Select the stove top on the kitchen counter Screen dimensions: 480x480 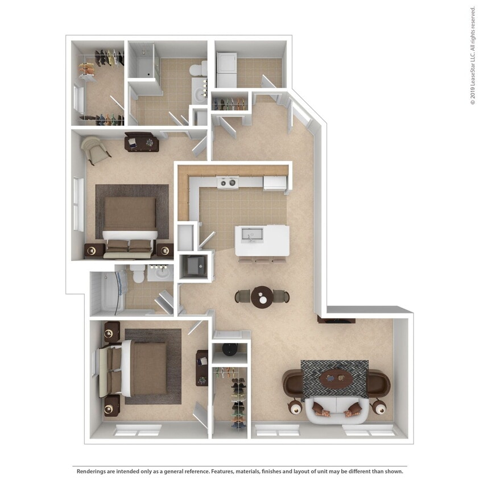(x=228, y=183)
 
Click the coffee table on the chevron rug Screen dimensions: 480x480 (x=337, y=376)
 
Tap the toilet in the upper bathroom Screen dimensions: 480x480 (x=196, y=71)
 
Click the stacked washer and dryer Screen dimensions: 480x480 (x=227, y=70)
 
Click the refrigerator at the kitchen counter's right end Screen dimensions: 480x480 (x=275, y=183)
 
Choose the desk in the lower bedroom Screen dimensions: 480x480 (x=202, y=367)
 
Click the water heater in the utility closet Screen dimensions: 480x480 (x=230, y=347)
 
